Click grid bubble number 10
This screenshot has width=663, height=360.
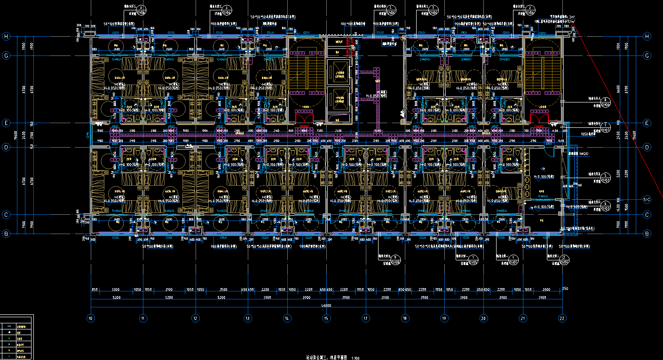[x=91, y=318]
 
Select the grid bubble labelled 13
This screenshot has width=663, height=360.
[x=247, y=318]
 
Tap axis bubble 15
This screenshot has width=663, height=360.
[x=326, y=318]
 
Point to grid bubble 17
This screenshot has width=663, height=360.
[x=365, y=318]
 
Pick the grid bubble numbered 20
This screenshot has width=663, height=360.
[x=483, y=318]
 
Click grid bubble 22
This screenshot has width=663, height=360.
[x=562, y=318]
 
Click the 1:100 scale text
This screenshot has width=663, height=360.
[x=355, y=358]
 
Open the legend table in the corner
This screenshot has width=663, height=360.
[x=16, y=337]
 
